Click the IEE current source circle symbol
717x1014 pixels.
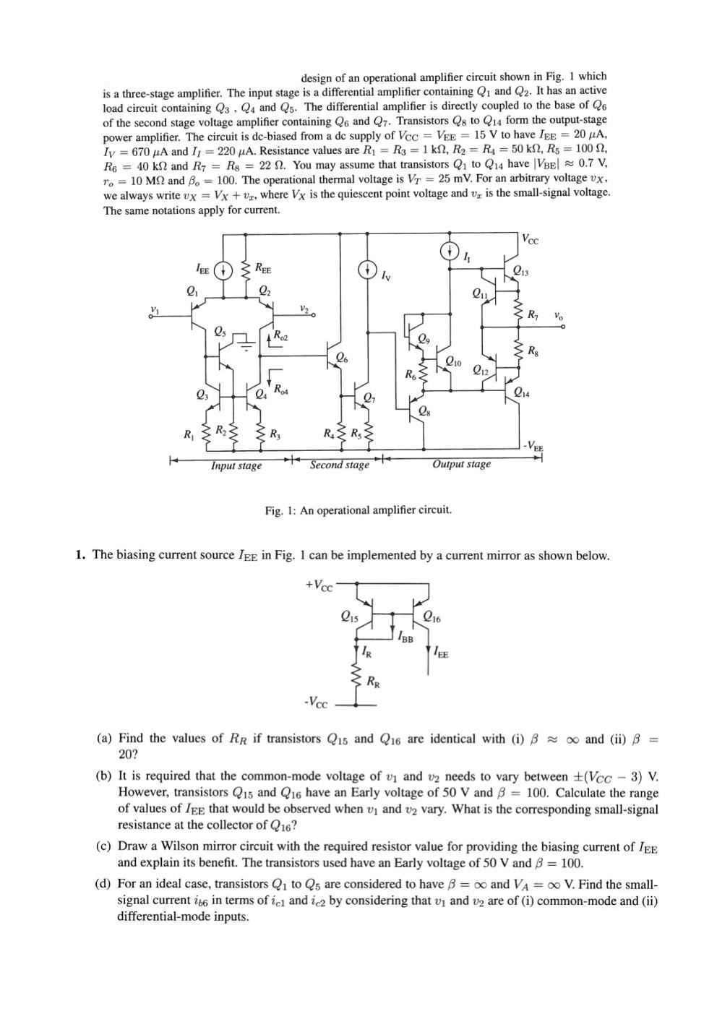(x=225, y=270)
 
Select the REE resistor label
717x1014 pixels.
(x=264, y=270)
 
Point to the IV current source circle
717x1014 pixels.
(x=367, y=270)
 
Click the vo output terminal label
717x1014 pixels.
(x=559, y=316)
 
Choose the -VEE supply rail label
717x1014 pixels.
(x=533, y=445)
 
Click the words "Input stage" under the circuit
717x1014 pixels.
(x=236, y=466)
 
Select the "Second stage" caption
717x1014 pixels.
(x=339, y=465)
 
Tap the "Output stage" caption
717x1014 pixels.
(x=461, y=464)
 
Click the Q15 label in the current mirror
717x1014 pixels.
(x=348, y=616)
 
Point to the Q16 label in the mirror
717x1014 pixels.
(x=432, y=617)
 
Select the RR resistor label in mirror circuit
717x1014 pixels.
(x=374, y=681)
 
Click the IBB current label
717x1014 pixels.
(x=405, y=636)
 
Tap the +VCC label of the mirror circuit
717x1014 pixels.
(x=319, y=584)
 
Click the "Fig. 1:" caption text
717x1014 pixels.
(x=281, y=510)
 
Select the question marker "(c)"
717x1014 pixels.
(x=104, y=846)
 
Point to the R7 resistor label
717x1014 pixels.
(x=533, y=315)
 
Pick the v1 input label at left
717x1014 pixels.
(x=154, y=310)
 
